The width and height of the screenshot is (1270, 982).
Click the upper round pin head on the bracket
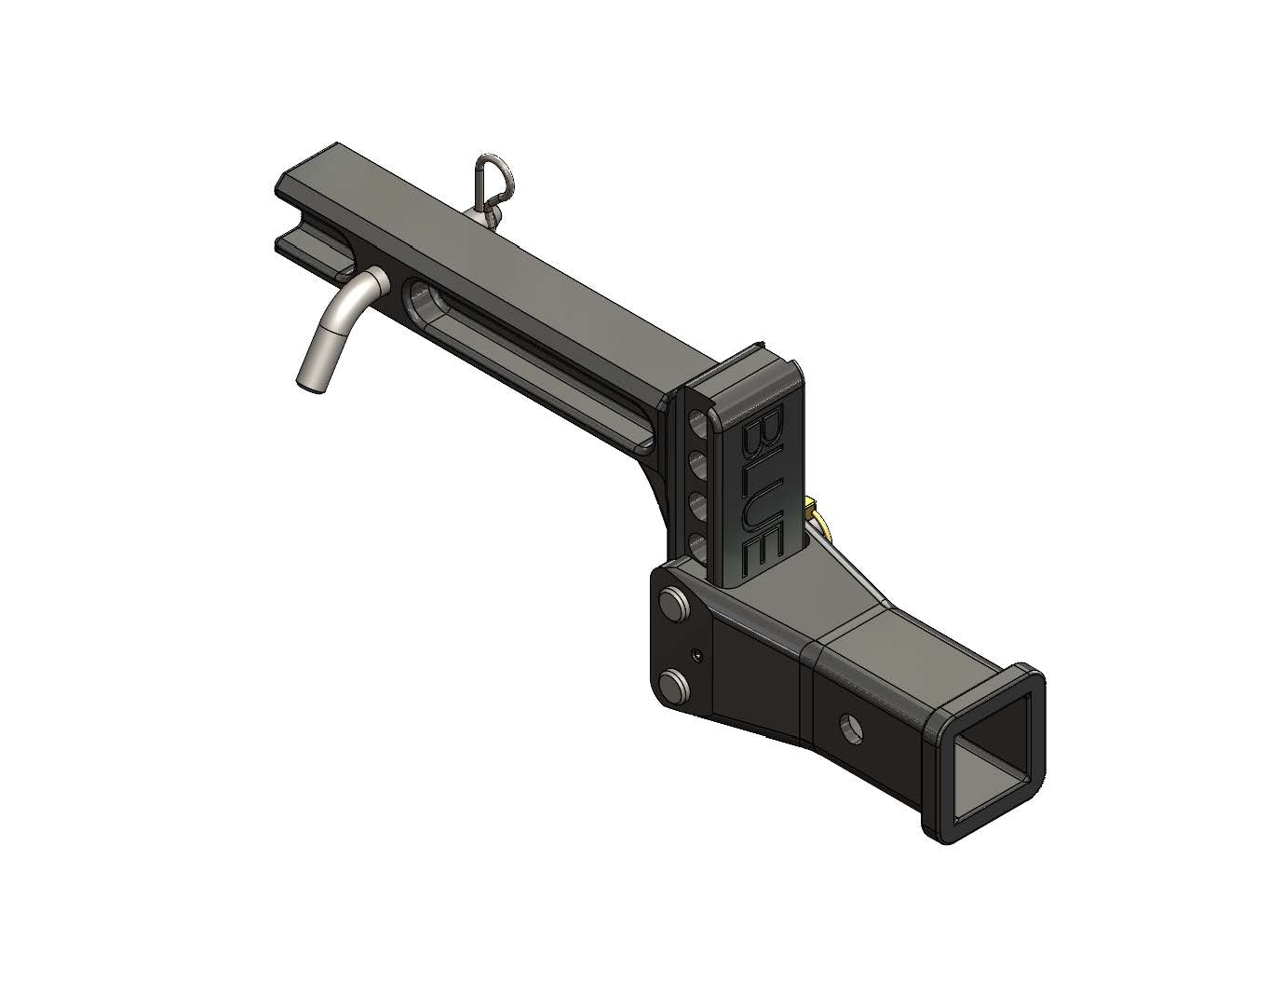click(x=671, y=601)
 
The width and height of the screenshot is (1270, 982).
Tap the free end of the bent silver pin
click(x=309, y=377)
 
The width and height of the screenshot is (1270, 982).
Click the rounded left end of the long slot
click(x=415, y=299)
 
